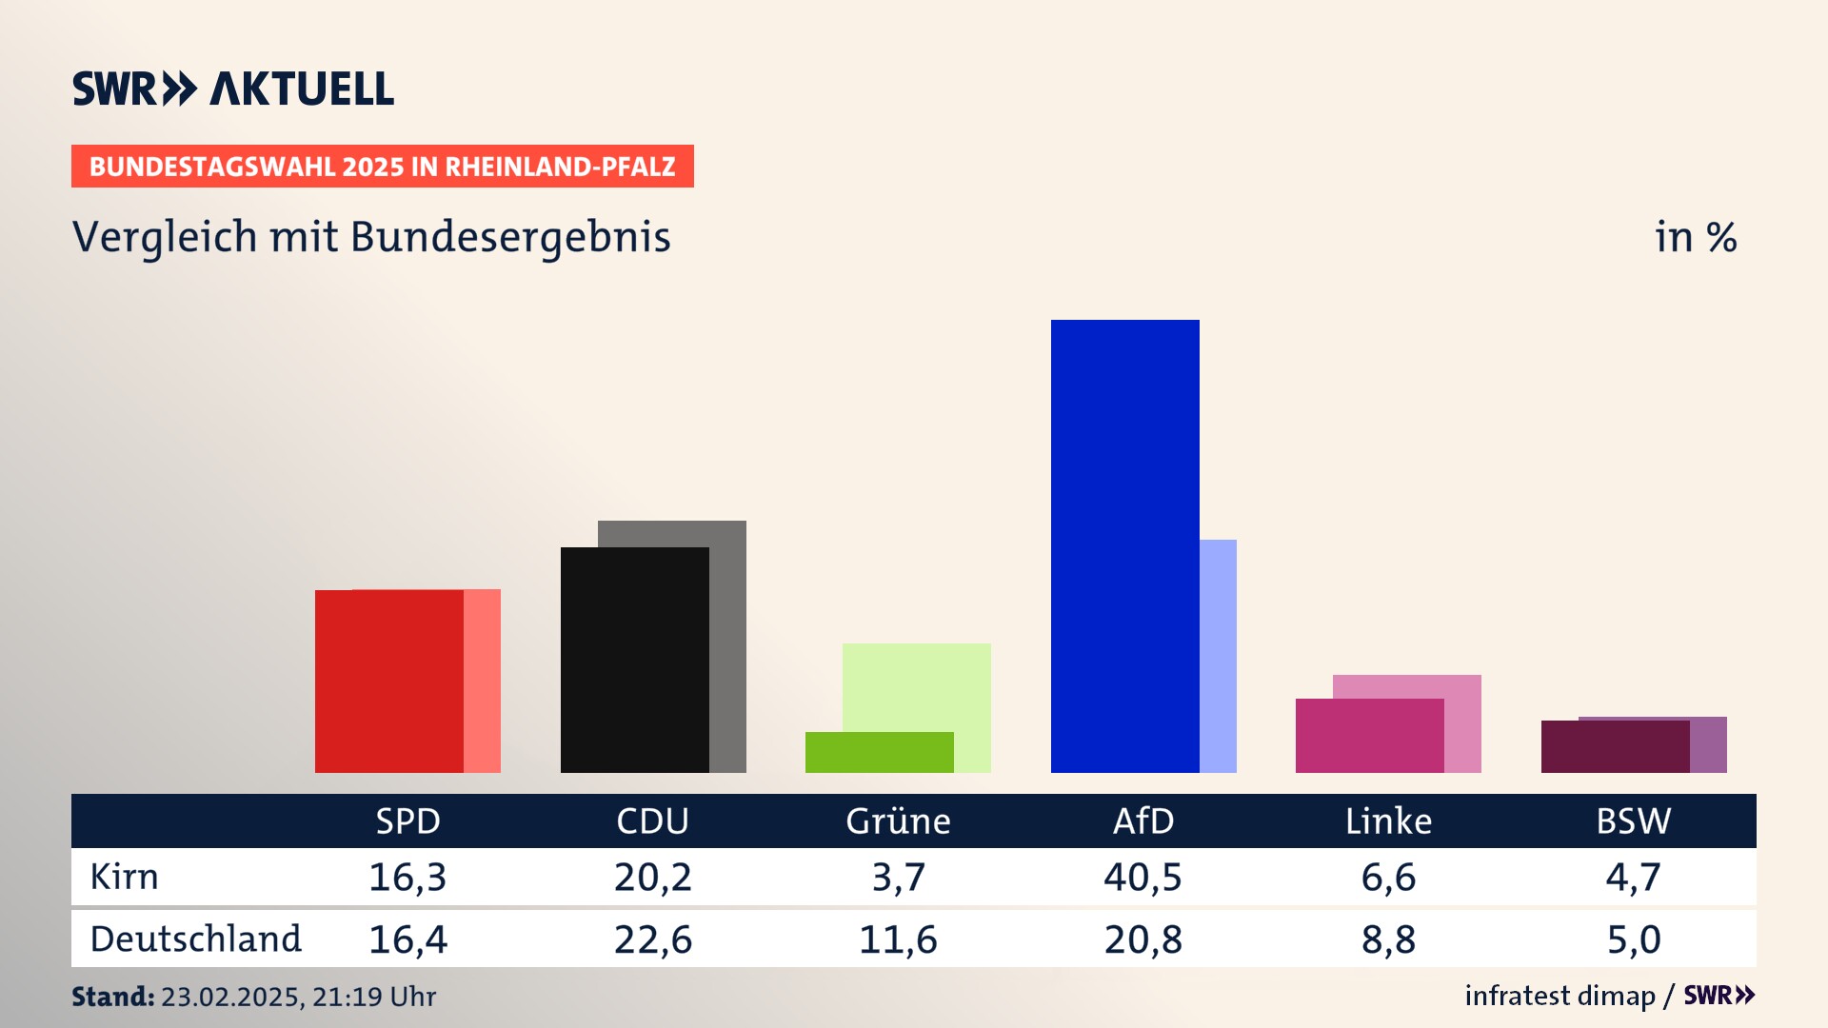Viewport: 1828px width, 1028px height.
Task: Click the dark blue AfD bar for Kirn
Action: click(1124, 545)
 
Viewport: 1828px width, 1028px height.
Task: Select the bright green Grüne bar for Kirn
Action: click(879, 752)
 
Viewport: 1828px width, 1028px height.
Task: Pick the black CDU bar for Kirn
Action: click(634, 660)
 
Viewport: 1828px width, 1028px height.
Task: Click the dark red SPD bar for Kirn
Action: click(388, 681)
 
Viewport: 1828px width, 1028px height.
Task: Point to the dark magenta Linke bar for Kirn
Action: click(1369, 735)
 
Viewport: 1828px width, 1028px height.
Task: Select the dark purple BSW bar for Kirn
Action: click(1615, 746)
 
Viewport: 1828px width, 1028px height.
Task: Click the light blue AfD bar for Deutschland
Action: click(1218, 656)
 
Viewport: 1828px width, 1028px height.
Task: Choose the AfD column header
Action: click(1143, 821)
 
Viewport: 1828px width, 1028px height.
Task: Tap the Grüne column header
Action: click(898, 821)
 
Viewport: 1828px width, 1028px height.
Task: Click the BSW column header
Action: click(1633, 821)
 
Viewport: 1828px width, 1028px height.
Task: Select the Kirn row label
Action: click(125, 877)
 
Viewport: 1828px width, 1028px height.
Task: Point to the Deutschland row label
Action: click(195, 939)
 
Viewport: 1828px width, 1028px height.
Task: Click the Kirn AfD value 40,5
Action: click(1142, 877)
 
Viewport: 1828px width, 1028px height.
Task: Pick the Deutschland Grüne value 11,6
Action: click(898, 939)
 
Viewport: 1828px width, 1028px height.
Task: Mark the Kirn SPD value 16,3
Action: click(407, 877)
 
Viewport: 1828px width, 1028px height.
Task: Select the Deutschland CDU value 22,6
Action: click(653, 939)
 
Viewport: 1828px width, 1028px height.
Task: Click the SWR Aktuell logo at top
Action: click(233, 89)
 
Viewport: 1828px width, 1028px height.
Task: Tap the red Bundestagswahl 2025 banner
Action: click(382, 167)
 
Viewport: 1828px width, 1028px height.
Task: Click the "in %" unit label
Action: click(1696, 237)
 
